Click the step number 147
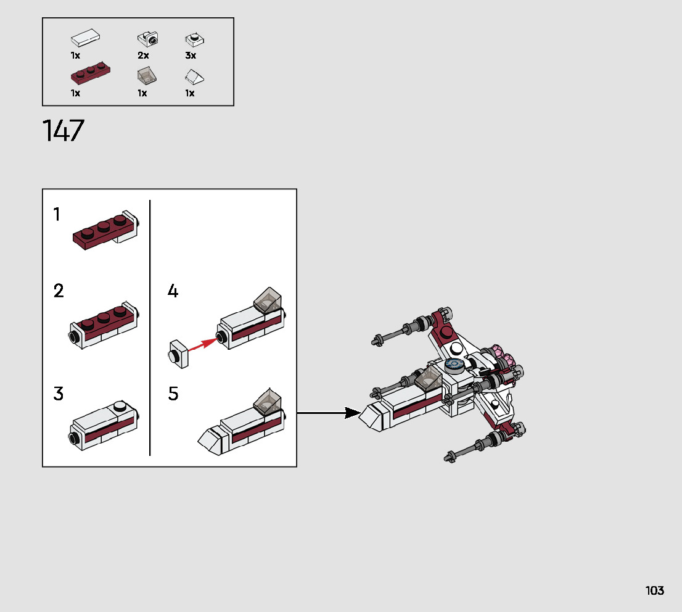63,131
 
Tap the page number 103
655,590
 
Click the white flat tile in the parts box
85,39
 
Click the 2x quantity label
143,56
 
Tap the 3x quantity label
191,56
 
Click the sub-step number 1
57,215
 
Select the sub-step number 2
59,291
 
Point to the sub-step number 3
59,393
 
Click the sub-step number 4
173,291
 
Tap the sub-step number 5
173,394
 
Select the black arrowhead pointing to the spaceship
352,413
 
